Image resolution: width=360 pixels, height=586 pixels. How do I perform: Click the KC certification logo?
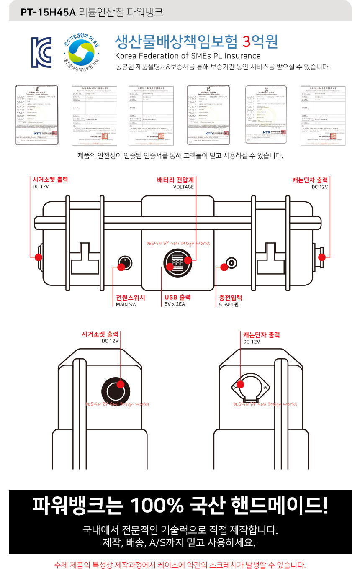pyautogui.click(x=41, y=52)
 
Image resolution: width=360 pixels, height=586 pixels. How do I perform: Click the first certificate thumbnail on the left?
pyautogui.click(x=36, y=115)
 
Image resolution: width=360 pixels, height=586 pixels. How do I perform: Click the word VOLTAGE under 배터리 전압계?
pyautogui.click(x=183, y=187)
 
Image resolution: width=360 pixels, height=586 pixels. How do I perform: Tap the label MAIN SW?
pyautogui.click(x=126, y=304)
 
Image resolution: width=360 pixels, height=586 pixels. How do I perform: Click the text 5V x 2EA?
pyautogui.click(x=175, y=304)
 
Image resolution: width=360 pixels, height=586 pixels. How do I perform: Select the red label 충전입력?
pyautogui.click(x=230, y=298)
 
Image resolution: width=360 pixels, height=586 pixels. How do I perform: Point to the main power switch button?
pyautogui.click(x=124, y=263)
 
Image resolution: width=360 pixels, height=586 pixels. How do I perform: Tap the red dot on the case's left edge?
pyautogui.click(x=38, y=257)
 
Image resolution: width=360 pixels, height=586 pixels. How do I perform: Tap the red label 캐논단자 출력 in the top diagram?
pyautogui.click(x=310, y=180)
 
